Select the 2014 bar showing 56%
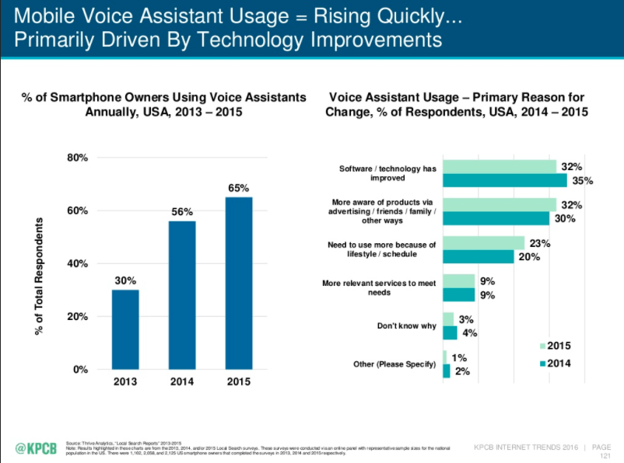[181, 294]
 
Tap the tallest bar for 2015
[239, 283]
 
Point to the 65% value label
[238, 188]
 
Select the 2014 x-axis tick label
[182, 382]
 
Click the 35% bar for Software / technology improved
[504, 181]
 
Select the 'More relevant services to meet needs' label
[379, 287]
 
